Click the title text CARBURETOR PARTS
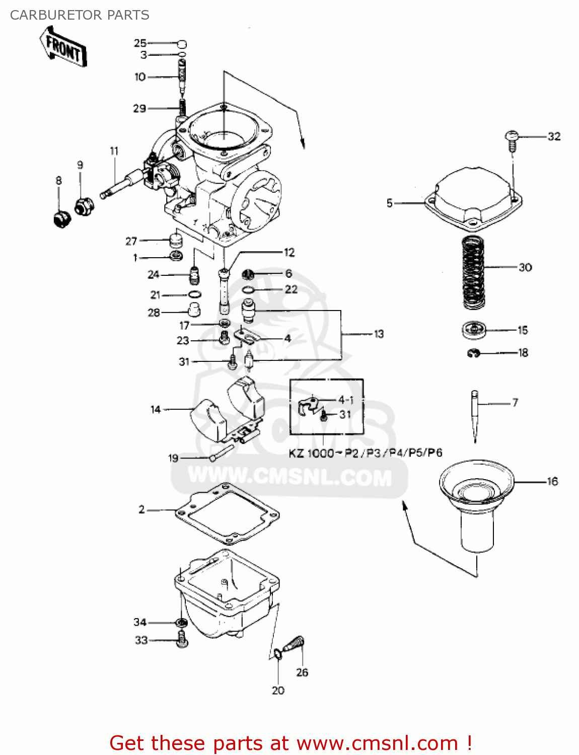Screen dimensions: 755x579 80,15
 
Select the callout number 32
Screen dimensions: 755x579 554,136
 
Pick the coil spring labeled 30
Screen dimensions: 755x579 473,272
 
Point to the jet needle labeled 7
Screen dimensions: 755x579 475,415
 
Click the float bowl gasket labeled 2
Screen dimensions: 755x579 227,513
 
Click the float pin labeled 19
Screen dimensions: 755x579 222,451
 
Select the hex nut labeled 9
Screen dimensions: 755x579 84,206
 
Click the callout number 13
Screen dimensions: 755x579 379,334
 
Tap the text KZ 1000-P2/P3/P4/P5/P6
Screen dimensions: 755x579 365,453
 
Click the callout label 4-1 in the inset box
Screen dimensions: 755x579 345,400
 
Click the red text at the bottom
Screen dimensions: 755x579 291,743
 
